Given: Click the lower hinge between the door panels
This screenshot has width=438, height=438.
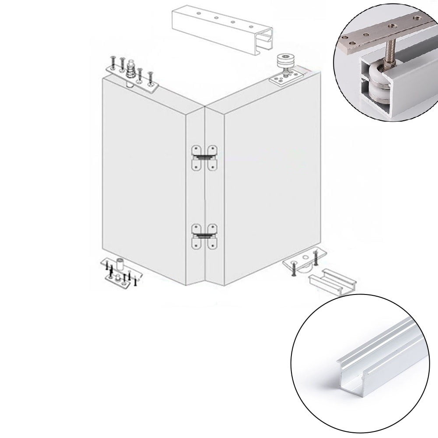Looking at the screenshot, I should (x=204, y=237).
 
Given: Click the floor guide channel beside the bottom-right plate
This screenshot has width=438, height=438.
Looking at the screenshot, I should (x=333, y=280).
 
